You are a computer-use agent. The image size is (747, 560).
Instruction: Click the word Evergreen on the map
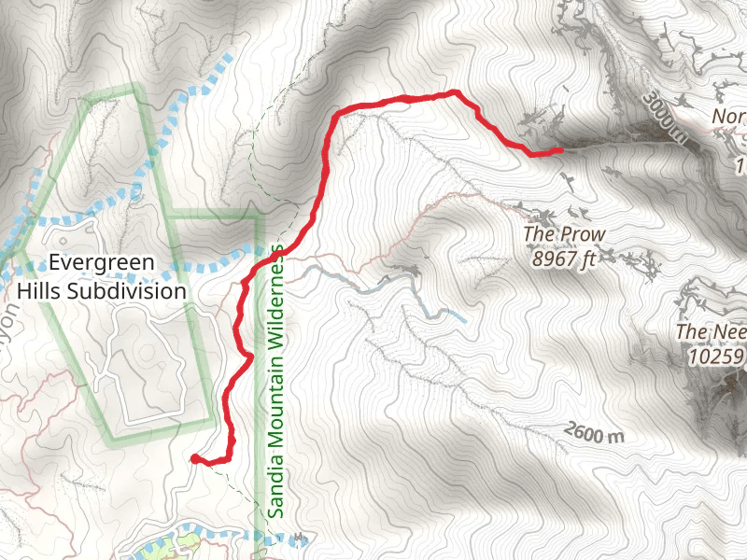click(x=102, y=263)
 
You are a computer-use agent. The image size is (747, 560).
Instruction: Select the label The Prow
click(x=564, y=234)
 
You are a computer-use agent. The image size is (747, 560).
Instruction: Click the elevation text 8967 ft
click(x=564, y=260)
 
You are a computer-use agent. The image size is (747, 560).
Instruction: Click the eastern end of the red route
click(x=558, y=149)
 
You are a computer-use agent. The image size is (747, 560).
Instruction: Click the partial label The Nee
click(x=709, y=331)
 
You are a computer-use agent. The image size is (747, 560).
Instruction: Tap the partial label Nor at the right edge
click(x=728, y=118)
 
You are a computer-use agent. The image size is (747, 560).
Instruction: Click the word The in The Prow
click(x=540, y=234)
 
